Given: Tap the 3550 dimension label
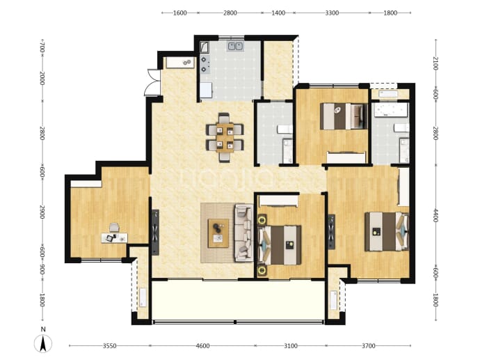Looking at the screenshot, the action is point(109,346).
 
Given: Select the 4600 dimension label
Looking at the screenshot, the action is point(202,346).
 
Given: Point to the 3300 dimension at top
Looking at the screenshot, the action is point(332,13).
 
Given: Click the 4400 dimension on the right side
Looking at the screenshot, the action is point(435,215).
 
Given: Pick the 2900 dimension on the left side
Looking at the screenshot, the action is point(42,212).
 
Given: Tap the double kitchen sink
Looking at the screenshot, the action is point(235,46).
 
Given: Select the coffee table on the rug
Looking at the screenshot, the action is point(218,233).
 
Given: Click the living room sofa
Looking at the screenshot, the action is point(243,233).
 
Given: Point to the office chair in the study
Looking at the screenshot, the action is point(114,227).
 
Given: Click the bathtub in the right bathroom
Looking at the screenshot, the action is point(390,110).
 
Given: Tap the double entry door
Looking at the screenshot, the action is point(153,82).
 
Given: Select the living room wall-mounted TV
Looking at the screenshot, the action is point(156,233).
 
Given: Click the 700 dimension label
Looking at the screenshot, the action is point(42,48).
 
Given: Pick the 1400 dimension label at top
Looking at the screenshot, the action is point(278,13).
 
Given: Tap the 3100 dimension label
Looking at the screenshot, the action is point(291,346).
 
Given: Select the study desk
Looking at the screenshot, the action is point(115,238).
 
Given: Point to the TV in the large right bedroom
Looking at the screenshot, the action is point(332,232).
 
